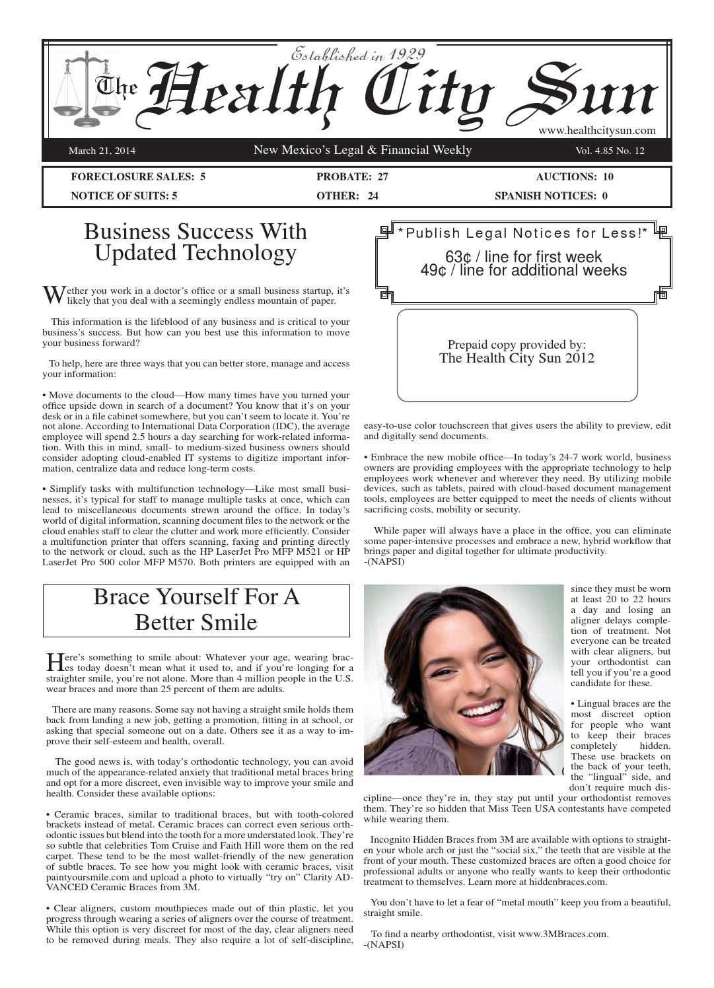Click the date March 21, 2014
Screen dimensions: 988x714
pyautogui.click(x=102, y=151)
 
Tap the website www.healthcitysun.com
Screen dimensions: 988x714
pyautogui.click(x=596, y=131)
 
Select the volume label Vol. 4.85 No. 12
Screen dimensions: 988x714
pyautogui.click(x=610, y=151)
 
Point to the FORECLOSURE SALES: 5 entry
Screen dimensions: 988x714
pyautogui.click(x=138, y=176)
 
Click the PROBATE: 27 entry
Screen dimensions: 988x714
pyautogui.click(x=352, y=176)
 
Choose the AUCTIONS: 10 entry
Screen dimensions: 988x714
pyautogui.click(x=575, y=176)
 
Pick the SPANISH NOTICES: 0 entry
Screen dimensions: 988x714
pyautogui.click(x=551, y=195)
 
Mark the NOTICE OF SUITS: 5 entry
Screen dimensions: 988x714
pyautogui.click(x=124, y=195)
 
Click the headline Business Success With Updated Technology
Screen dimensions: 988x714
pyautogui.click(x=196, y=242)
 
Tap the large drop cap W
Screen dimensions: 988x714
pyautogui.click(x=53, y=295)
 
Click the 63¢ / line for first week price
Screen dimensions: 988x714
pyautogui.click(x=523, y=257)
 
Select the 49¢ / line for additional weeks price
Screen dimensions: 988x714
pyautogui.click(x=523, y=270)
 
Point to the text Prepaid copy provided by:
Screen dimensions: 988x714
pyautogui.click(x=517, y=345)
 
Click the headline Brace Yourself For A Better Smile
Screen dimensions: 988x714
pyautogui.click(x=196, y=610)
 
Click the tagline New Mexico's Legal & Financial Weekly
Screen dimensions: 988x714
pyautogui.click(x=363, y=150)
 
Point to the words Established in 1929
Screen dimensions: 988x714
pyautogui.click(x=357, y=54)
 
